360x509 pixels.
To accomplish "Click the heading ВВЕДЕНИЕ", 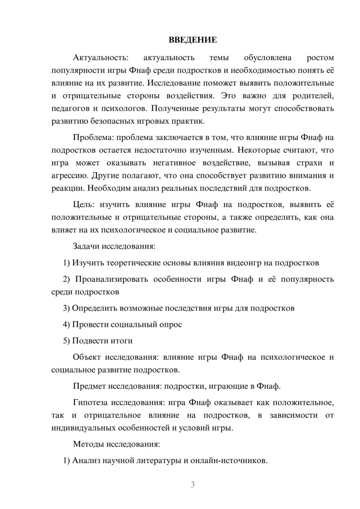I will [193, 40].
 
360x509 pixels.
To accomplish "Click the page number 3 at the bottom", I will [193, 485].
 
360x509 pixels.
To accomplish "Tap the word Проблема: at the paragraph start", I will [94, 137].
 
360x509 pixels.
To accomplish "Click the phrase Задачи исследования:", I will [114, 246].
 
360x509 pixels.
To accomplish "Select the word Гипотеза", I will [90, 402].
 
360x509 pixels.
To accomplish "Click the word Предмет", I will [89, 386].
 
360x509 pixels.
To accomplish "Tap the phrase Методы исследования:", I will [116, 444].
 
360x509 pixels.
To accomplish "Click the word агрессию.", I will [69, 176].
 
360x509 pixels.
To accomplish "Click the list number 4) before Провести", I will [66, 324].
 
